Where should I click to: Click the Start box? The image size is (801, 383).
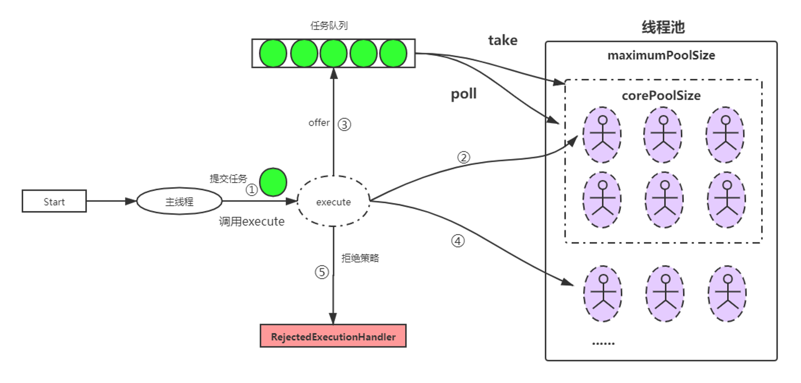tap(54, 201)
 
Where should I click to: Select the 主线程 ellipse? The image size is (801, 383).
tap(179, 201)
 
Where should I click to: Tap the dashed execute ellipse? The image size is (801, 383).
tap(333, 201)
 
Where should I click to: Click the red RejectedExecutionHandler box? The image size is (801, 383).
tap(333, 336)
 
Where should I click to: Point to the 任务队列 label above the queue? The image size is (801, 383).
tap(328, 26)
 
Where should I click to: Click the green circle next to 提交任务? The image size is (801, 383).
tap(273, 182)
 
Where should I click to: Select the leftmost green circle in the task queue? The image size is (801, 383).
tap(273, 53)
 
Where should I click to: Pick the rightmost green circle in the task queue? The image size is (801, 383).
tap(393, 53)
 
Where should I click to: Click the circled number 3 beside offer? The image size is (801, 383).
tap(344, 125)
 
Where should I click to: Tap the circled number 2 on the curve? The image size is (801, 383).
tap(463, 158)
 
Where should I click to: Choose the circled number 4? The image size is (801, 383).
tap(458, 241)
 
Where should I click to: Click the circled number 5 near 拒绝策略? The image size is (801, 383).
tap(322, 272)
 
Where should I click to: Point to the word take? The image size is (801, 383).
tap(502, 40)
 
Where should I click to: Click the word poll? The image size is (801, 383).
tap(463, 93)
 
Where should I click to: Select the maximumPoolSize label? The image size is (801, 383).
tap(661, 55)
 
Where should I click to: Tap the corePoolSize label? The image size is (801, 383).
tap(661, 95)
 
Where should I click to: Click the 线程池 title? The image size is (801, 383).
tap(663, 27)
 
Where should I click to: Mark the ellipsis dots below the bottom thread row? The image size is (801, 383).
tap(603, 343)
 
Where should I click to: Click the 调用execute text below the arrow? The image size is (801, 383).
tap(251, 222)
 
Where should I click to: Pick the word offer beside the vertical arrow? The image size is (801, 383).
tap(319, 123)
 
